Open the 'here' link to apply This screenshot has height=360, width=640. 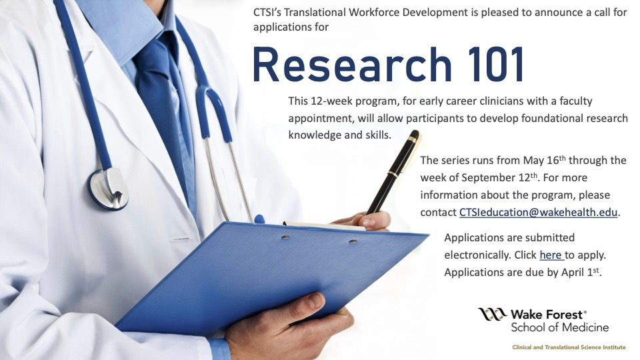pos(551,255)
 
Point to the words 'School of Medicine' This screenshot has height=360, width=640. pos(559,327)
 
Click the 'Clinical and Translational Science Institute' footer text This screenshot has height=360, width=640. pos(568,347)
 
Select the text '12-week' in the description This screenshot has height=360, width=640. pos(331,101)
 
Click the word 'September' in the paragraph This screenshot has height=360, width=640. pos(474,178)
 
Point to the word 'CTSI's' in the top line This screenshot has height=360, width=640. pos(269,13)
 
